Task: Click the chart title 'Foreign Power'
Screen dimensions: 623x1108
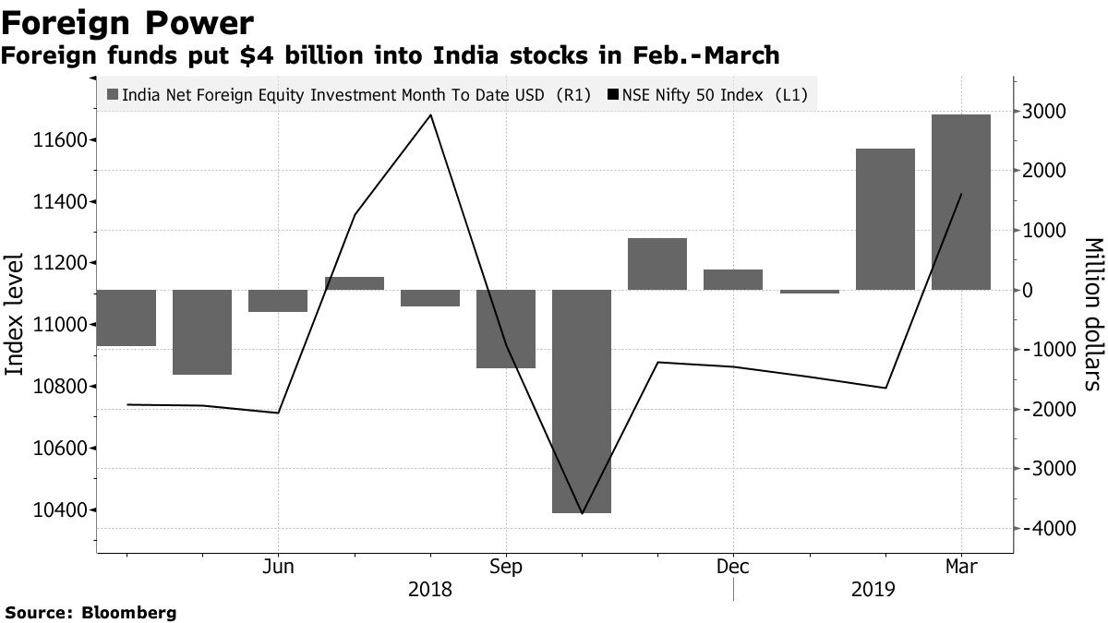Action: click(x=127, y=22)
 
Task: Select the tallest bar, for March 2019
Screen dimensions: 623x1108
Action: click(x=960, y=202)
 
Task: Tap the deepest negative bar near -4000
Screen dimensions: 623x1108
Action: click(x=582, y=401)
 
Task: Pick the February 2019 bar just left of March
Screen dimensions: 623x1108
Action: click(x=885, y=220)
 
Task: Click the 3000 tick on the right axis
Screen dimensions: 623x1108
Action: click(x=1043, y=112)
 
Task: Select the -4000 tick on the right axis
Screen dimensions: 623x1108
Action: click(x=1041, y=529)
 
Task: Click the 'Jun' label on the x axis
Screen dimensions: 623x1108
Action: click(x=278, y=566)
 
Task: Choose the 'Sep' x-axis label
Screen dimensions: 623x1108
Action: click(x=505, y=566)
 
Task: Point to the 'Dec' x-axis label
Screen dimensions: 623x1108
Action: click(x=732, y=566)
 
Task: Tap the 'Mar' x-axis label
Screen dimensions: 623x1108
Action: click(x=960, y=566)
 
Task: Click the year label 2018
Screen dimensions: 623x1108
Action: click(x=429, y=589)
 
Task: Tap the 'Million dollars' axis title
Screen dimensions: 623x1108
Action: click(x=1093, y=314)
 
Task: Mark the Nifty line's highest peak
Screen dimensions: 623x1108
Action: click(x=431, y=115)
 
